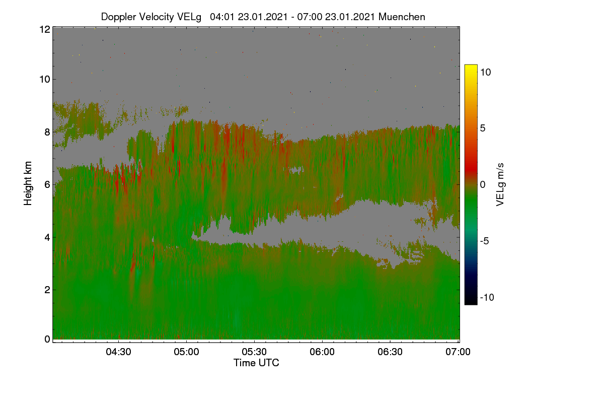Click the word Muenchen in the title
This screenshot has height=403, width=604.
pos(402,17)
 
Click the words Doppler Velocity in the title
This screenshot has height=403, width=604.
pos(137,17)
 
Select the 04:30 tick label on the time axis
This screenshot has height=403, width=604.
pos(118,352)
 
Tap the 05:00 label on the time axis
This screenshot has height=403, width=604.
pos(186,352)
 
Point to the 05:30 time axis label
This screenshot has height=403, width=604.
pos(254,352)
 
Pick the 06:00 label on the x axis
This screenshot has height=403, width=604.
pos(322,352)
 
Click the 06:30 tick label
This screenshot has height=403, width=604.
pos(390,352)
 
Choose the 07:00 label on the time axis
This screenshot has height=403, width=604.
pos(458,352)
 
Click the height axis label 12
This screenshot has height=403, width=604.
pos(45,29)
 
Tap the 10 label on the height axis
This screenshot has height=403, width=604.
pos(45,80)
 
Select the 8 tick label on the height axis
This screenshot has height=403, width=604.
pos(47,132)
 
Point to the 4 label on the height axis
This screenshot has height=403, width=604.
pos(47,238)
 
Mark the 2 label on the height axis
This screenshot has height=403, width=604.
pos(47,290)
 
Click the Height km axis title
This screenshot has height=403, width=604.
pos(28,183)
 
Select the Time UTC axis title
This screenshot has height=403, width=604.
pos(256,363)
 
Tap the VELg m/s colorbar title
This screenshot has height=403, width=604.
pos(500,185)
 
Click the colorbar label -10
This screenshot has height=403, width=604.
pos(487,297)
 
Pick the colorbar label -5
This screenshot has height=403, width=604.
pos(485,241)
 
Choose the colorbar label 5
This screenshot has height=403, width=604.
pos(483,128)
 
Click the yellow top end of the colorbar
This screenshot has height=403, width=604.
pos(471,66)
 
